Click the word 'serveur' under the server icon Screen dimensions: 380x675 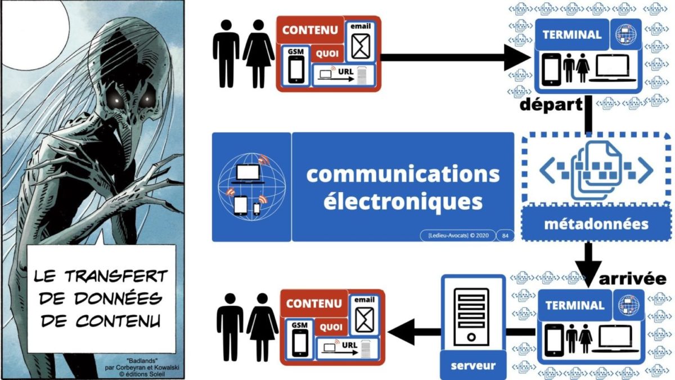473,365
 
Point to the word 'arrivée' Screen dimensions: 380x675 632,279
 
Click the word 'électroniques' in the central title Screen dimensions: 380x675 402,201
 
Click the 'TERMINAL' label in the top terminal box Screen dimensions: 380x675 571,34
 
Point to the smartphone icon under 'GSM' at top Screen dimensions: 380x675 295,70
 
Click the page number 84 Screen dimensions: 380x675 504,235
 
